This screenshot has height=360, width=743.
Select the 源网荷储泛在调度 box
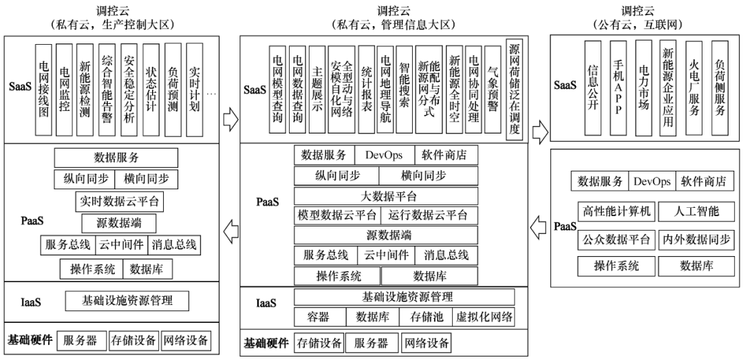click(515, 89)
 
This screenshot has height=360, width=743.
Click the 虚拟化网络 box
click(485, 317)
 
